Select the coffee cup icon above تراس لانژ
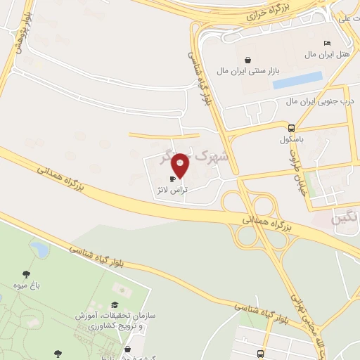tap(172, 179)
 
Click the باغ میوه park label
tap(27, 285)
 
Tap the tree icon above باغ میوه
tap(27, 274)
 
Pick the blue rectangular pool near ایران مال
tap(297, 80)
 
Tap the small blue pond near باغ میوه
tap(39, 248)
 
